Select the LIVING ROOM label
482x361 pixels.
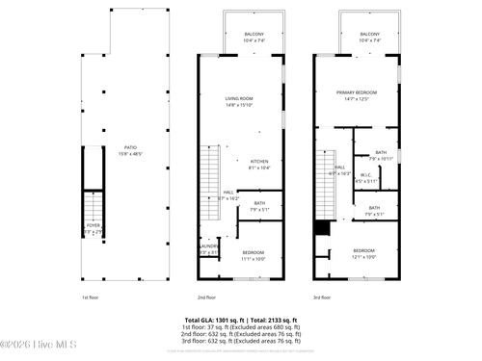(x=239, y=98)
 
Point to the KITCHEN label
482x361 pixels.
(x=259, y=161)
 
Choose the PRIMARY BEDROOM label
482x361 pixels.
(x=356, y=92)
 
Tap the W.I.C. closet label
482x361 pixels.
(x=366, y=175)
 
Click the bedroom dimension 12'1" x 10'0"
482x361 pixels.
(x=363, y=257)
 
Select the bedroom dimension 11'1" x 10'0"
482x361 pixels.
(x=253, y=257)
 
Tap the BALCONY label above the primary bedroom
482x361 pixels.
(x=369, y=35)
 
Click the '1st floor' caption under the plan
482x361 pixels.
(x=90, y=297)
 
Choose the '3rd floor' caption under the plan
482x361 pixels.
(x=322, y=297)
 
